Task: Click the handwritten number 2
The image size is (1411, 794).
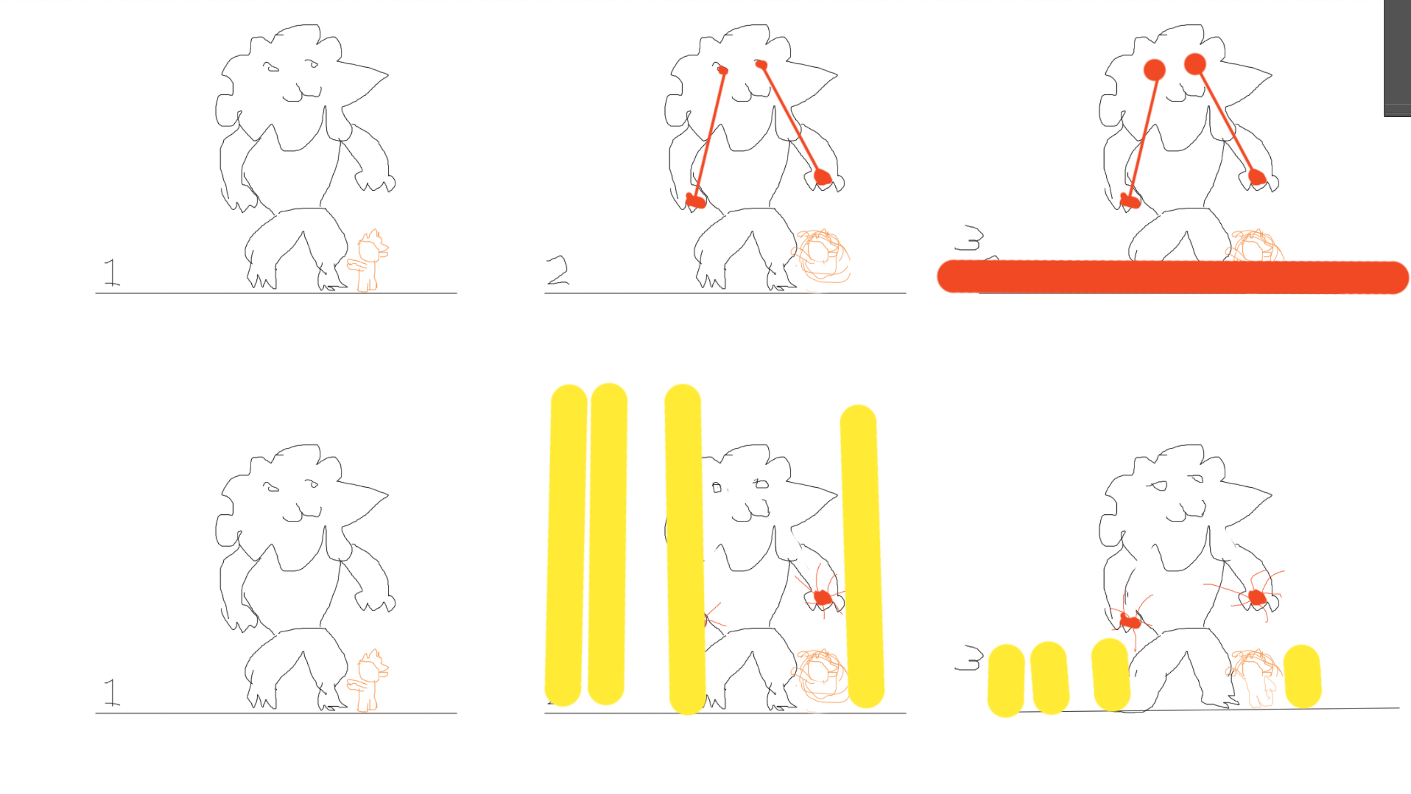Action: tap(558, 270)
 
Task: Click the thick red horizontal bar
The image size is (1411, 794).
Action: tap(1173, 277)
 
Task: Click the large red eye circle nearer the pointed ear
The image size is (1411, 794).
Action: tap(1195, 64)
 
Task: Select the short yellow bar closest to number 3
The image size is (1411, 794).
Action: tap(1006, 680)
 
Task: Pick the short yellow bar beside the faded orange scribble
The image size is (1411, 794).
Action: tap(1302, 676)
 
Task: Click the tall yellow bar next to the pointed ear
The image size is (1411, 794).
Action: tap(862, 556)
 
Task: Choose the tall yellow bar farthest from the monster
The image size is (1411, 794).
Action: tap(566, 545)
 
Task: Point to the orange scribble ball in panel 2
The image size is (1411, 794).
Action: tap(821, 256)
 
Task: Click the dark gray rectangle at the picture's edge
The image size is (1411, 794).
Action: tap(1397, 58)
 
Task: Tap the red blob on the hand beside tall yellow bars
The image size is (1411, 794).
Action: tap(822, 597)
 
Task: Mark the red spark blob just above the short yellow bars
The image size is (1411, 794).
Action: tap(1129, 621)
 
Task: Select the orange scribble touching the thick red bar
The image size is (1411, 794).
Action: tap(1255, 246)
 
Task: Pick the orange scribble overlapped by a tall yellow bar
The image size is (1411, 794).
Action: tap(820, 676)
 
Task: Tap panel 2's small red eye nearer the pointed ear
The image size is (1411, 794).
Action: tap(761, 65)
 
